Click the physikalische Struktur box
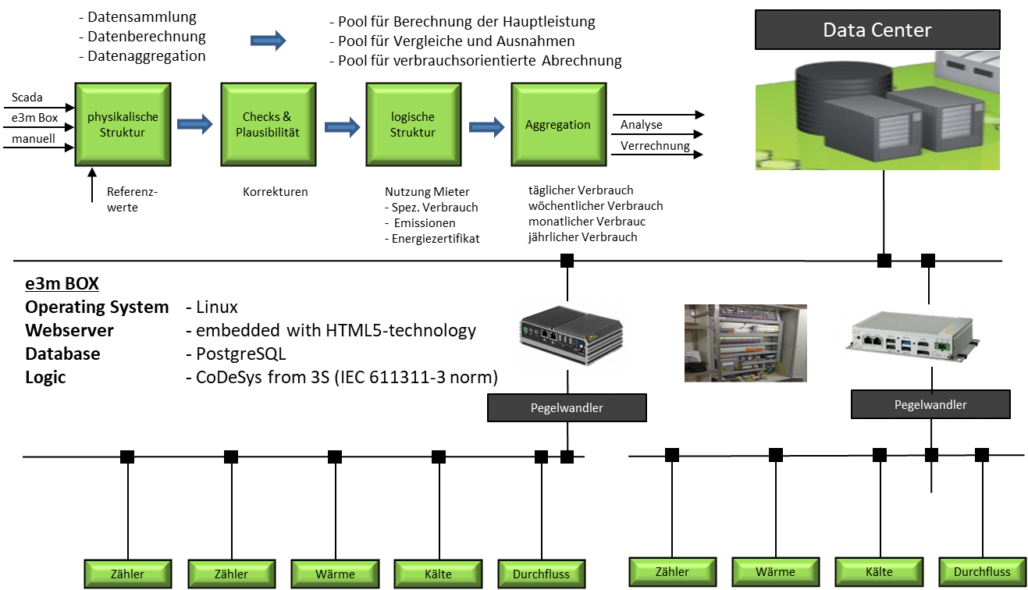coord(123,125)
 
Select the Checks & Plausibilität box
coord(268,125)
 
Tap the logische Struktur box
coord(413,125)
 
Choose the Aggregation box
coord(558,125)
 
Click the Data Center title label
coord(877,30)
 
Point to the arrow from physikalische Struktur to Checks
coord(192,124)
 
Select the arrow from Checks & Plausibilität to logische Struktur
coord(339,126)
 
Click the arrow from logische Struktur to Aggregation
coord(483,126)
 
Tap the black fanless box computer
coord(572,334)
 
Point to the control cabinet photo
coord(717,343)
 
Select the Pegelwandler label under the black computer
coord(567,407)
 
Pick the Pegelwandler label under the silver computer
coord(930,404)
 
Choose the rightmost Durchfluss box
coord(981,572)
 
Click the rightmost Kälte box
coord(878,572)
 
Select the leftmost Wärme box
coord(335,574)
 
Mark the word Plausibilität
coord(268,133)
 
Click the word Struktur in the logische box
coord(413,133)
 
